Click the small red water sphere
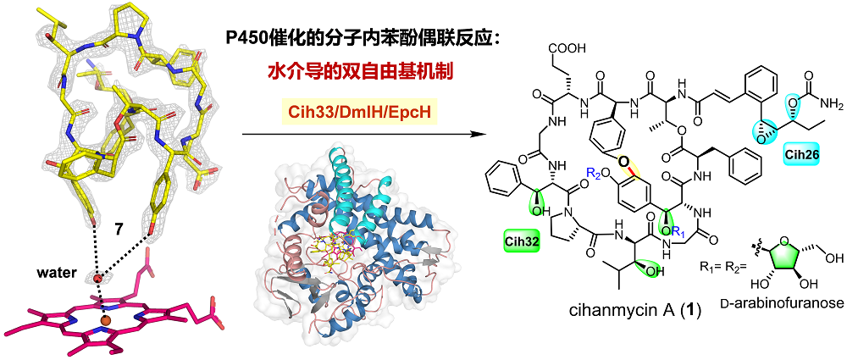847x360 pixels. click(98, 277)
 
